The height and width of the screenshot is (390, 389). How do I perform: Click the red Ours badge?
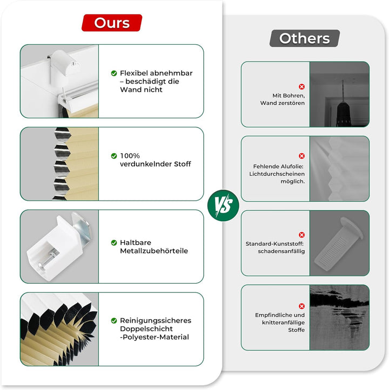[112, 23]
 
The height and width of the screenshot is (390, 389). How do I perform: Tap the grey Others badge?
[305, 38]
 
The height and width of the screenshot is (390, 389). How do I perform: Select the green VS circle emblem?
[223, 206]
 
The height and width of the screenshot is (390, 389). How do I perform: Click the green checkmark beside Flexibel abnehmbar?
[114, 73]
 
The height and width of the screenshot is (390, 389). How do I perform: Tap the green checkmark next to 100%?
[114, 156]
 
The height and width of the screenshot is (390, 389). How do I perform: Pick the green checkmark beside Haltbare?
[114, 243]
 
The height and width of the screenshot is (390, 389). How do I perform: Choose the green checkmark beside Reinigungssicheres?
[114, 320]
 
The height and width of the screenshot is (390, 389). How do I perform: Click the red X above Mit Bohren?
[301, 86]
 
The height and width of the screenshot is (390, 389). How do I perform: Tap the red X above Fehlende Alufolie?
[301, 156]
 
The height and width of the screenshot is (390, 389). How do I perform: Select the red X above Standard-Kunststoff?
[301, 235]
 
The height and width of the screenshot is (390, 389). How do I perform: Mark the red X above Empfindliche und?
[301, 306]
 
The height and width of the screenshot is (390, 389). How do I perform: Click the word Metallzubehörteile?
[154, 251]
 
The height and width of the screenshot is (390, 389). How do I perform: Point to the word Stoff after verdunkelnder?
[183, 164]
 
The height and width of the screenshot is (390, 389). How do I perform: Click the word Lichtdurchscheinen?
[277, 174]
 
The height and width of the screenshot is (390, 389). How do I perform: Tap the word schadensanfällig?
[281, 251]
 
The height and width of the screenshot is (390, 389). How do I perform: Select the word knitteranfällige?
[283, 323]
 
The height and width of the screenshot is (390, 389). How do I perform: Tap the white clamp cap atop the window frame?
[65, 62]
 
